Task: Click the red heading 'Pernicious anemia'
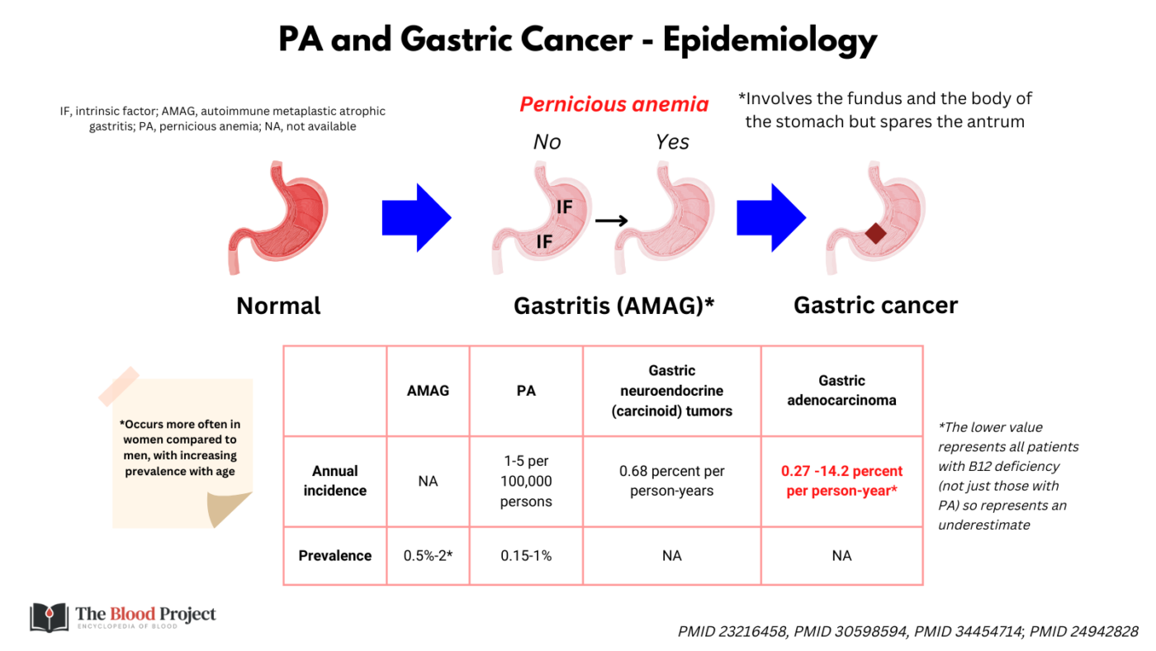(x=614, y=105)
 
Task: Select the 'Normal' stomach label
(x=278, y=306)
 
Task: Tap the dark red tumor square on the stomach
(x=875, y=234)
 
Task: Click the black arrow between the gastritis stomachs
(x=612, y=220)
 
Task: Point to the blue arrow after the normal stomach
(x=416, y=218)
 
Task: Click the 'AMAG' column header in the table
(x=428, y=390)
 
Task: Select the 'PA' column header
(x=526, y=390)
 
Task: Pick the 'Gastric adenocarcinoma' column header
(x=841, y=390)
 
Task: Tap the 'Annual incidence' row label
(x=334, y=481)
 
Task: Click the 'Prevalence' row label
(x=334, y=556)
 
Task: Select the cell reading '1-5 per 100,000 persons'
(x=526, y=481)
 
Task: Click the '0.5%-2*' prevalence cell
(x=428, y=556)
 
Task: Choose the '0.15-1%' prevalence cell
(x=526, y=556)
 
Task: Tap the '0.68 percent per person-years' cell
(x=671, y=481)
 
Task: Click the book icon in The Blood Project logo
(x=49, y=616)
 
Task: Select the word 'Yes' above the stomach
(x=672, y=142)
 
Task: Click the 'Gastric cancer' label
(x=875, y=306)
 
